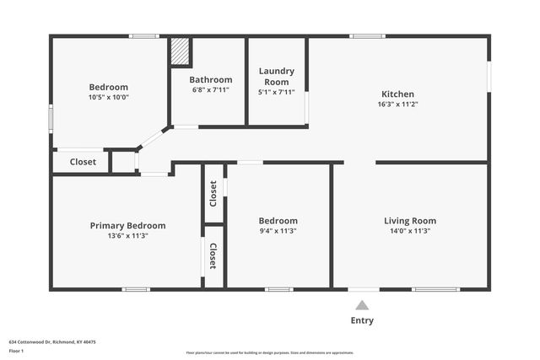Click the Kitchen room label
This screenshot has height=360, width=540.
click(x=398, y=94)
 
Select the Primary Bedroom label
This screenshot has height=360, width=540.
click(x=127, y=225)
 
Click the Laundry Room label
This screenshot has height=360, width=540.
click(x=276, y=76)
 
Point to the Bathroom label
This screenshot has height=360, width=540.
click(x=210, y=79)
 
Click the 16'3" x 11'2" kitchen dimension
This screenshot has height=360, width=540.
click(x=398, y=105)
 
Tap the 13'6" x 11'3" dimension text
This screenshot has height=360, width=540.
click(x=127, y=236)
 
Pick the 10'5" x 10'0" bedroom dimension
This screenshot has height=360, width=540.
click(x=109, y=97)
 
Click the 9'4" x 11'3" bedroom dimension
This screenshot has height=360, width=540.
click(x=278, y=231)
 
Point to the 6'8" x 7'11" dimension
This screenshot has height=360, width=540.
click(x=210, y=89)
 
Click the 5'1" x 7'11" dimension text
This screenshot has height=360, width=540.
click(x=276, y=92)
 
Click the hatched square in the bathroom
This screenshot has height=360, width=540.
click(x=180, y=51)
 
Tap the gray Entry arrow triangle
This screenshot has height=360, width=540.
click(x=362, y=305)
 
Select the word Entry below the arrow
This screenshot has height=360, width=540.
click(x=362, y=320)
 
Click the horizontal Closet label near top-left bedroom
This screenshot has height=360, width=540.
click(x=83, y=162)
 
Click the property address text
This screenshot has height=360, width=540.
click(x=52, y=342)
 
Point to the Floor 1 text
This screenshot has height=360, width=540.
click(x=18, y=352)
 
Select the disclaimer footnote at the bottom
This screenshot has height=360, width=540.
click(x=270, y=352)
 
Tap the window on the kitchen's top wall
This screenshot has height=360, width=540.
click(x=368, y=36)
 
